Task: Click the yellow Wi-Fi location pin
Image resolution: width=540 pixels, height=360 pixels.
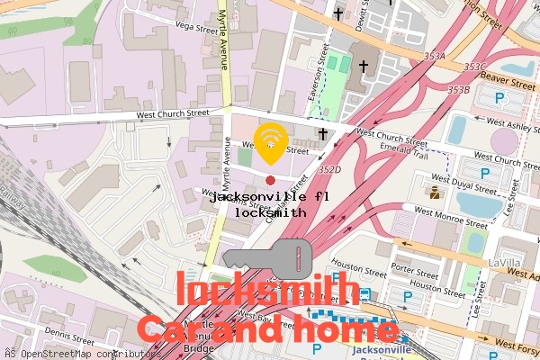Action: coord(270,142)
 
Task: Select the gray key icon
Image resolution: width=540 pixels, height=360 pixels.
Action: coord(278,258)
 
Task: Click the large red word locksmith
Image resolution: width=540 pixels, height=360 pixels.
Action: coord(267,291)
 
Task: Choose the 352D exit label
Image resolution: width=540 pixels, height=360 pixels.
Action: coord(329,168)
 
